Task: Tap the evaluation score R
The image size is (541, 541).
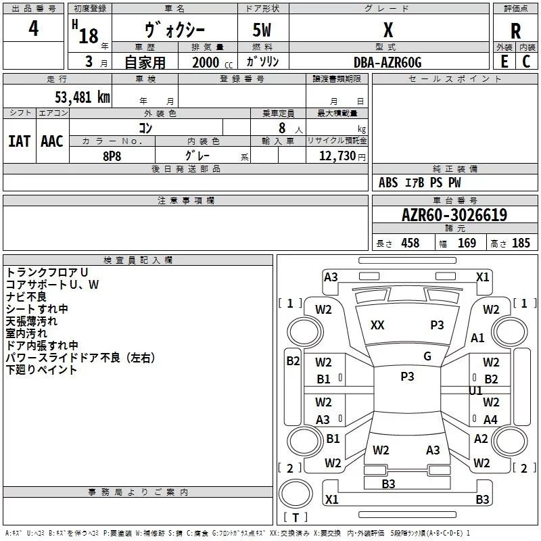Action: [515, 31]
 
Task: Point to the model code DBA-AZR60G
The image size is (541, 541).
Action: [387, 62]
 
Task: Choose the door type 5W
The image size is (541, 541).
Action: [263, 30]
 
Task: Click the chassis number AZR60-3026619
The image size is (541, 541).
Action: [454, 215]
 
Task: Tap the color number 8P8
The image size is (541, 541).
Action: [112, 155]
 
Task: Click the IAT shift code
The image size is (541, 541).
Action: [19, 141]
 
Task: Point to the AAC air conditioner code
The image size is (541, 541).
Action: [52, 141]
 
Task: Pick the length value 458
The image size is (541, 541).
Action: [410, 243]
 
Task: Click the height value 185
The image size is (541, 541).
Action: [521, 243]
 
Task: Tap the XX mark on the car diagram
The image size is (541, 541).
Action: [377, 325]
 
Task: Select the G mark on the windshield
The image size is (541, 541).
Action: [427, 356]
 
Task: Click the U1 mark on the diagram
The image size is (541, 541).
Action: [476, 391]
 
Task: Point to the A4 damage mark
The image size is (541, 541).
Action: [490, 420]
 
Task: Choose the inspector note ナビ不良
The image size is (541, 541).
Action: [26, 297]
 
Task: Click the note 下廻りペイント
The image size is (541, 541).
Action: [41, 370]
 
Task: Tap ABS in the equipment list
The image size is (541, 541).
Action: [388, 183]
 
